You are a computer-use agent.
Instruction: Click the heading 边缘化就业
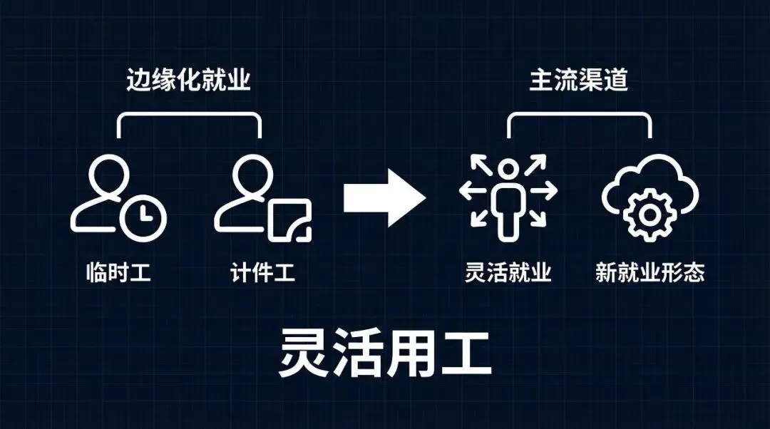coord(189,81)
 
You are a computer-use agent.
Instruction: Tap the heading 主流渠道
coord(578,81)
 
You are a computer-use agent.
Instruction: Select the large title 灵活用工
coord(385,353)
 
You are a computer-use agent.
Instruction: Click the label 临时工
coord(118,273)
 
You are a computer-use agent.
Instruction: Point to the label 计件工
coord(262,273)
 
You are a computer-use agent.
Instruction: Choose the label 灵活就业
coord(508,273)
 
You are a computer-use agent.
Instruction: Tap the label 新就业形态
coord(650,273)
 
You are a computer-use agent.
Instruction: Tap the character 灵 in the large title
coord(304,353)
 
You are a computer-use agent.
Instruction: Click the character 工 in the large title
coord(466,353)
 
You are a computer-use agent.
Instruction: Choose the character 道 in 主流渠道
coord(615,81)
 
